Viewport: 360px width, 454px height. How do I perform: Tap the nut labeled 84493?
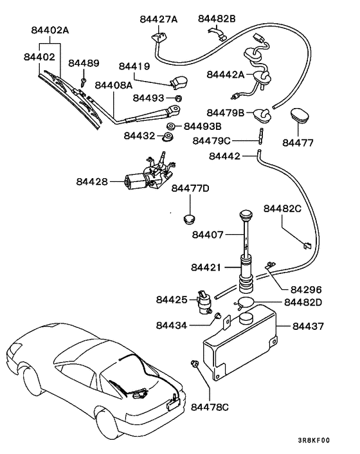179,98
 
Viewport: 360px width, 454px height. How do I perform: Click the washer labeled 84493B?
172,125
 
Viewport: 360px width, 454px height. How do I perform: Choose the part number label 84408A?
113,85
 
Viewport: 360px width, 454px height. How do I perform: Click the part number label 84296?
305,290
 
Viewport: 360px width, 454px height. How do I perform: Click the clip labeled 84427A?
156,38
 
